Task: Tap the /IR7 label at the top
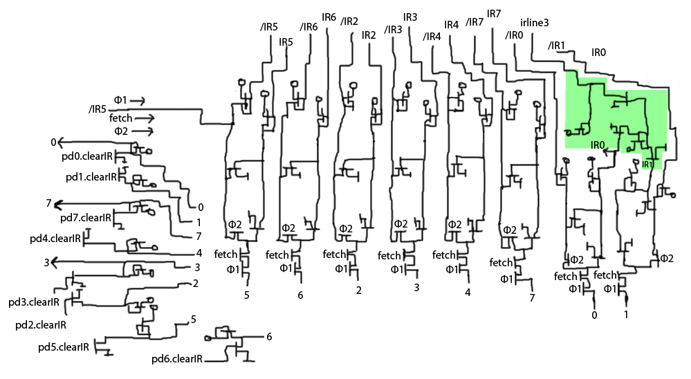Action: (x=475, y=22)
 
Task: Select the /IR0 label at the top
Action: (x=515, y=35)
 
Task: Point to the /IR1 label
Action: (x=556, y=46)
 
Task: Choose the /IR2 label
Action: (x=349, y=21)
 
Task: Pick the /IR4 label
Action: (x=432, y=36)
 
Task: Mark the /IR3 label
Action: (x=393, y=30)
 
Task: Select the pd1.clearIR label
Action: (x=91, y=176)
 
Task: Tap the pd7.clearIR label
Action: (x=86, y=218)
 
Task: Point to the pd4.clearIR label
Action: (x=55, y=238)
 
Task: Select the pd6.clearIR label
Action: (x=176, y=359)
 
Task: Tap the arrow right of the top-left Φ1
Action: (x=137, y=101)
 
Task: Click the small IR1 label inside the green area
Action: (x=647, y=165)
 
